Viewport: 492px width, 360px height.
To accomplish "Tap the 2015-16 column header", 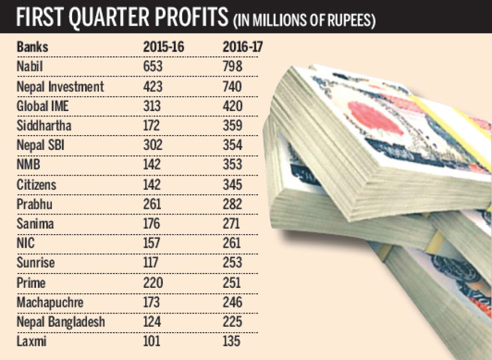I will (164, 47).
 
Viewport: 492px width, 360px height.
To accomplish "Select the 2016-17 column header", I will (243, 47).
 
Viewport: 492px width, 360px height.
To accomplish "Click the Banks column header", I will (32, 47).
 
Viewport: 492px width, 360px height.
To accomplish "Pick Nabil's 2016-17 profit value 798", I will (233, 66).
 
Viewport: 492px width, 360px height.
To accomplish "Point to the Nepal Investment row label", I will (60, 86).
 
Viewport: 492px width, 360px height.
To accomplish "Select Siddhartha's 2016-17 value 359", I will (233, 125).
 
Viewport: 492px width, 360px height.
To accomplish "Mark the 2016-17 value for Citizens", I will (233, 184).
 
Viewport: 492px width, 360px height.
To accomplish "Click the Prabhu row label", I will (34, 204).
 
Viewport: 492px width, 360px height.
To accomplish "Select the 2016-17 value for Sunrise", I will (233, 263).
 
